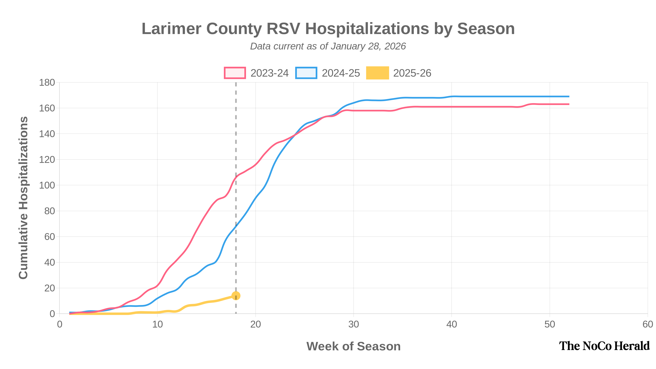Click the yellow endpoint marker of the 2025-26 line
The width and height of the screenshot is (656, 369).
tap(236, 296)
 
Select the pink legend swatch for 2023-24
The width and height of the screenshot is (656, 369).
tap(235, 73)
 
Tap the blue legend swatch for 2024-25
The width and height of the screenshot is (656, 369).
tap(306, 73)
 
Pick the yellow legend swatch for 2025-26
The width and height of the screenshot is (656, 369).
tap(377, 73)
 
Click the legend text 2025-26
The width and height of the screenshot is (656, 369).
tap(412, 73)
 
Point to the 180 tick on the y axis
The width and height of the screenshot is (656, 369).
tap(47, 82)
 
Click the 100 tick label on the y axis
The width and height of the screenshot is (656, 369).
tap(47, 185)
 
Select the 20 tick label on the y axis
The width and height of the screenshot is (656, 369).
tap(49, 288)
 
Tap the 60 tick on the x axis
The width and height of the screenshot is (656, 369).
tap(647, 325)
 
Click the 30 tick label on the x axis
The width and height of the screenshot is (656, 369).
tap(353, 325)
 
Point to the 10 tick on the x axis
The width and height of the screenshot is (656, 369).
tap(157, 325)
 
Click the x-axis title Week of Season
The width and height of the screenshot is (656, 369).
tap(353, 346)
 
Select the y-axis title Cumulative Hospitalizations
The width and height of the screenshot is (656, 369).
tap(23, 198)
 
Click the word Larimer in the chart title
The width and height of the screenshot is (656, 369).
tap(171, 28)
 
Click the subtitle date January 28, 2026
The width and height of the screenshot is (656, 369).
tap(368, 46)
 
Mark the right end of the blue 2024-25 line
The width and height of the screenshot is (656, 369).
tap(568, 97)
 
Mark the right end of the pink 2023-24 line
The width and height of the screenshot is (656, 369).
tap(568, 104)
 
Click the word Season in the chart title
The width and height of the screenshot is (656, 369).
tap(486, 28)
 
